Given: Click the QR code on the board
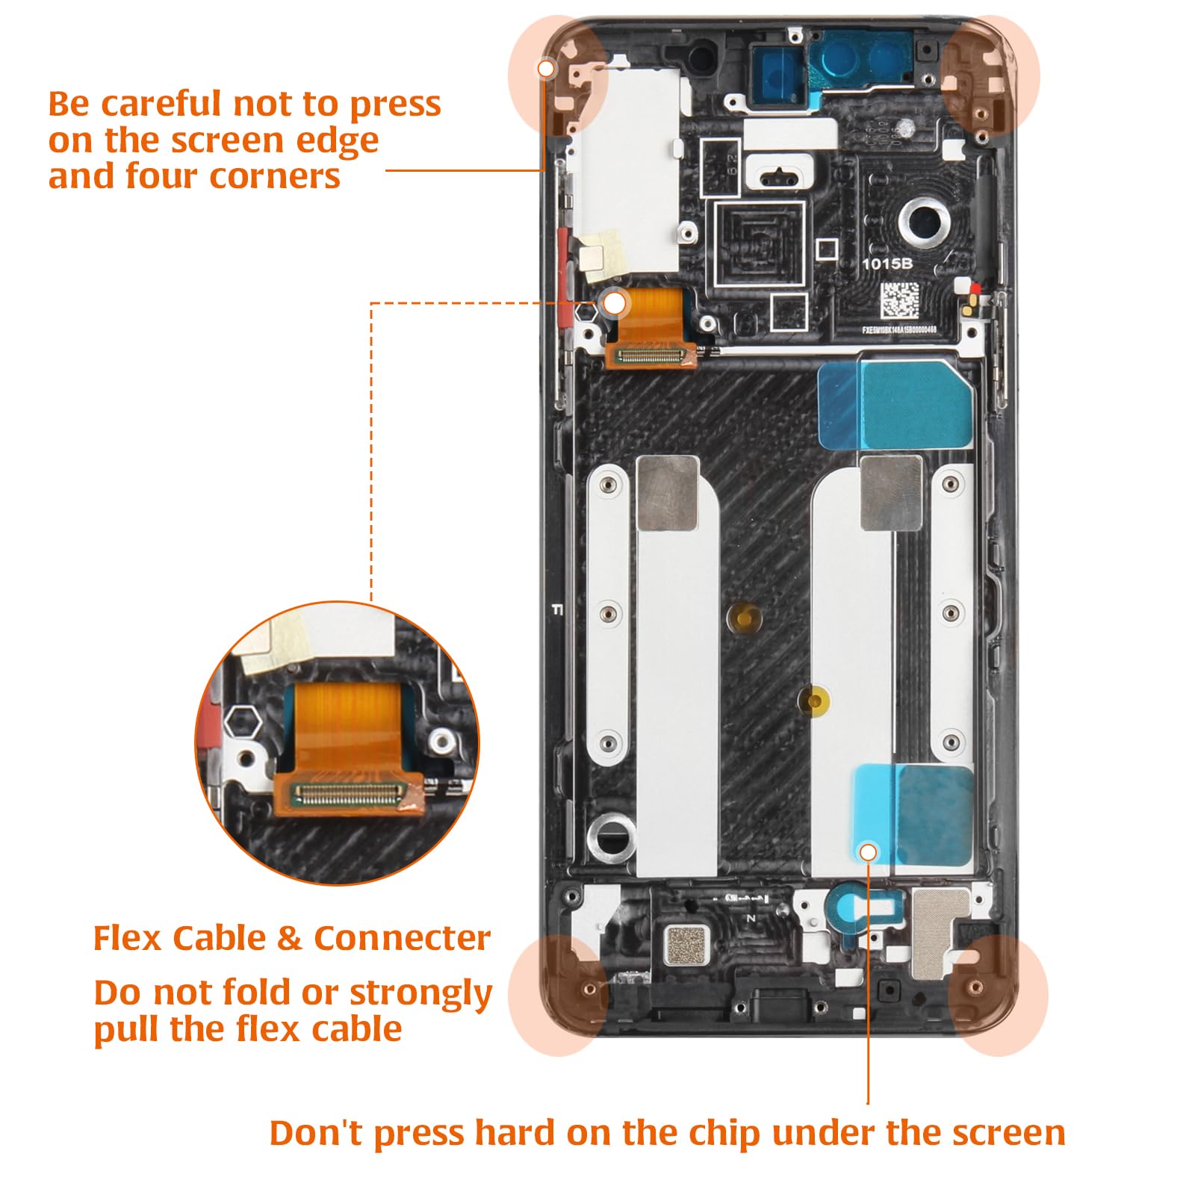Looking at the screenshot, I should point(898,300).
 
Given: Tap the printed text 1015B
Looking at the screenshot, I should point(887,264).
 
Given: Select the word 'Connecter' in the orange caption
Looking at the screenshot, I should point(402,938).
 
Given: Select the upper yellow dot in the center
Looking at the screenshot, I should point(743,617).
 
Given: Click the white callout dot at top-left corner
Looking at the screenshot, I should point(547,69).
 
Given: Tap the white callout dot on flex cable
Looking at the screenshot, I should point(615,303).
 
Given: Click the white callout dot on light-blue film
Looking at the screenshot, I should point(868,852).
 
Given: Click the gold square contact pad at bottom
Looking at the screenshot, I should point(686,945).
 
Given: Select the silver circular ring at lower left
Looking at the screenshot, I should point(611,834).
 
